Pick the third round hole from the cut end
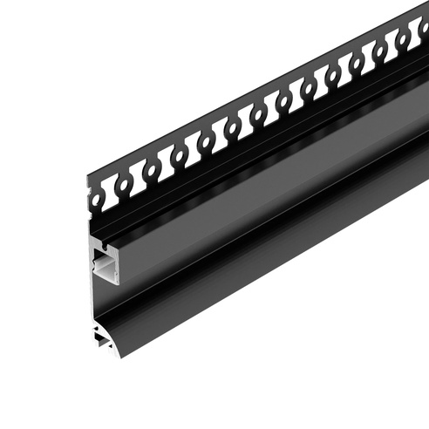pos(180,155)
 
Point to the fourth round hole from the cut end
pos(207,140)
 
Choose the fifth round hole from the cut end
pos(233,126)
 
